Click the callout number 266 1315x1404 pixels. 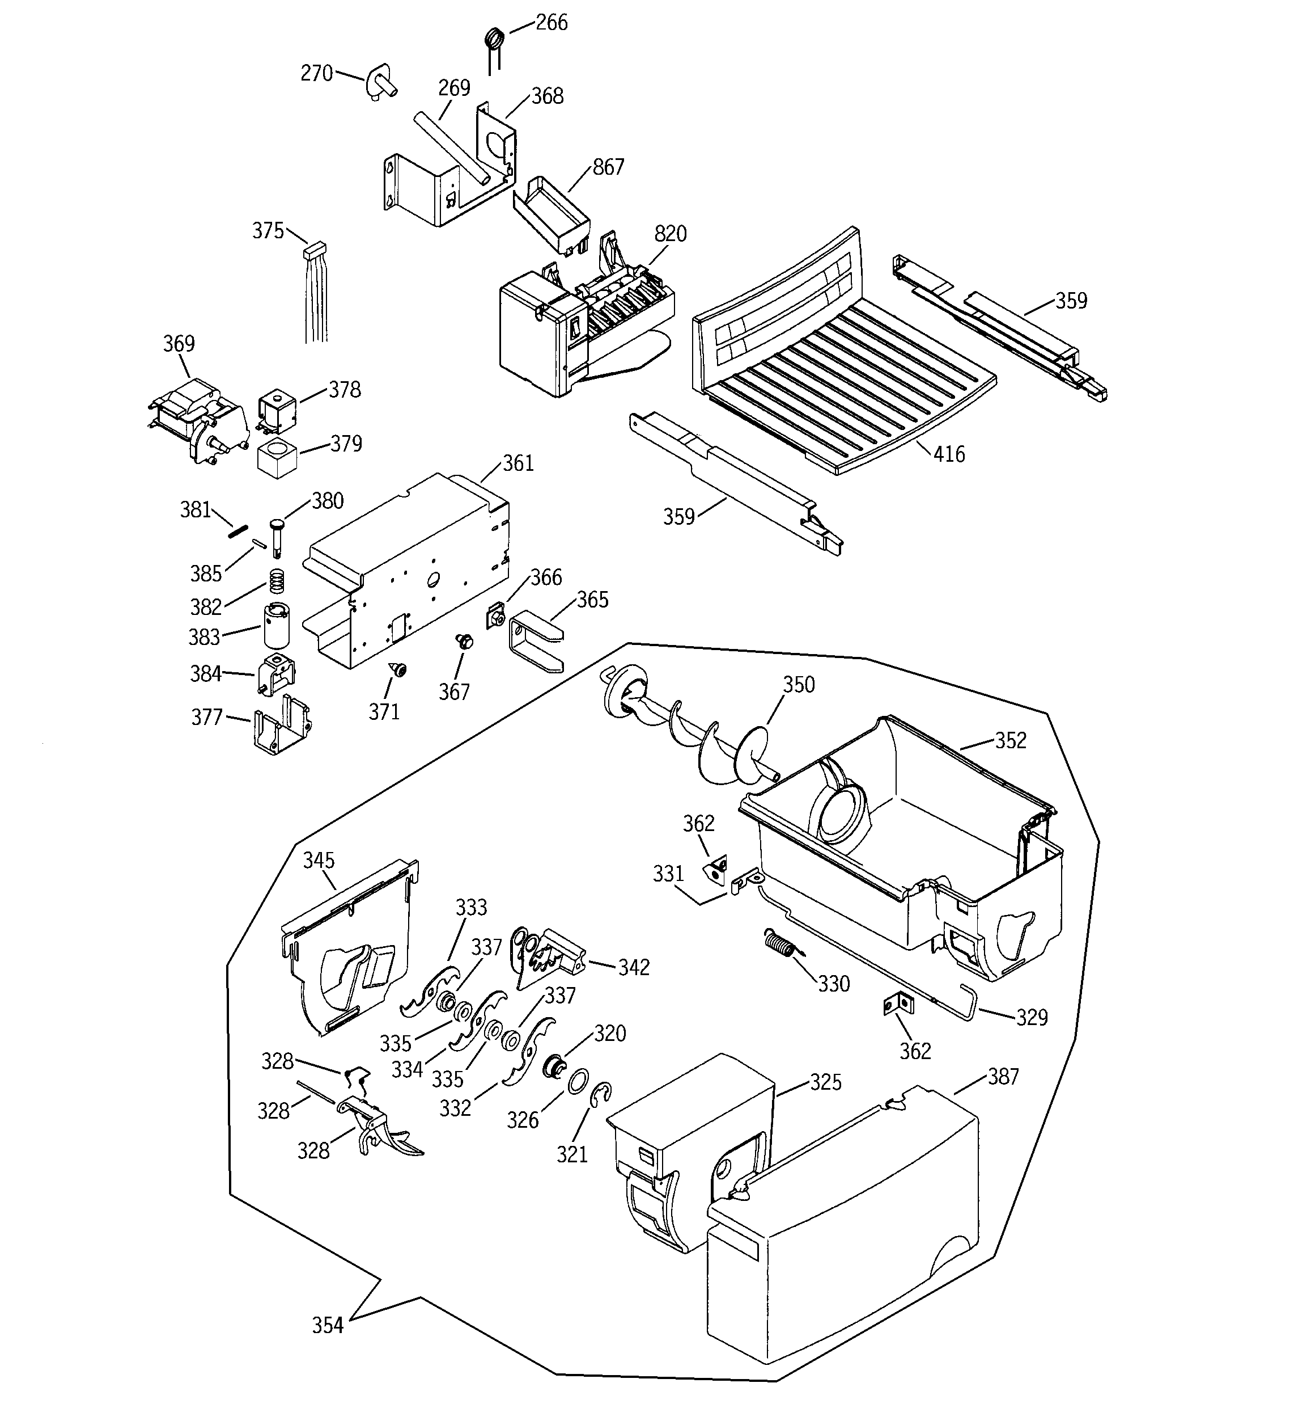[552, 23]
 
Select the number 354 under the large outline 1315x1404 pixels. [328, 1326]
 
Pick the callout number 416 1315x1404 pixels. [949, 454]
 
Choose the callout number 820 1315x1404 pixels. [670, 234]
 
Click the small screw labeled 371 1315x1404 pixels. [400, 669]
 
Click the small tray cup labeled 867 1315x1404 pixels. [552, 211]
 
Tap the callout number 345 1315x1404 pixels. [319, 860]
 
